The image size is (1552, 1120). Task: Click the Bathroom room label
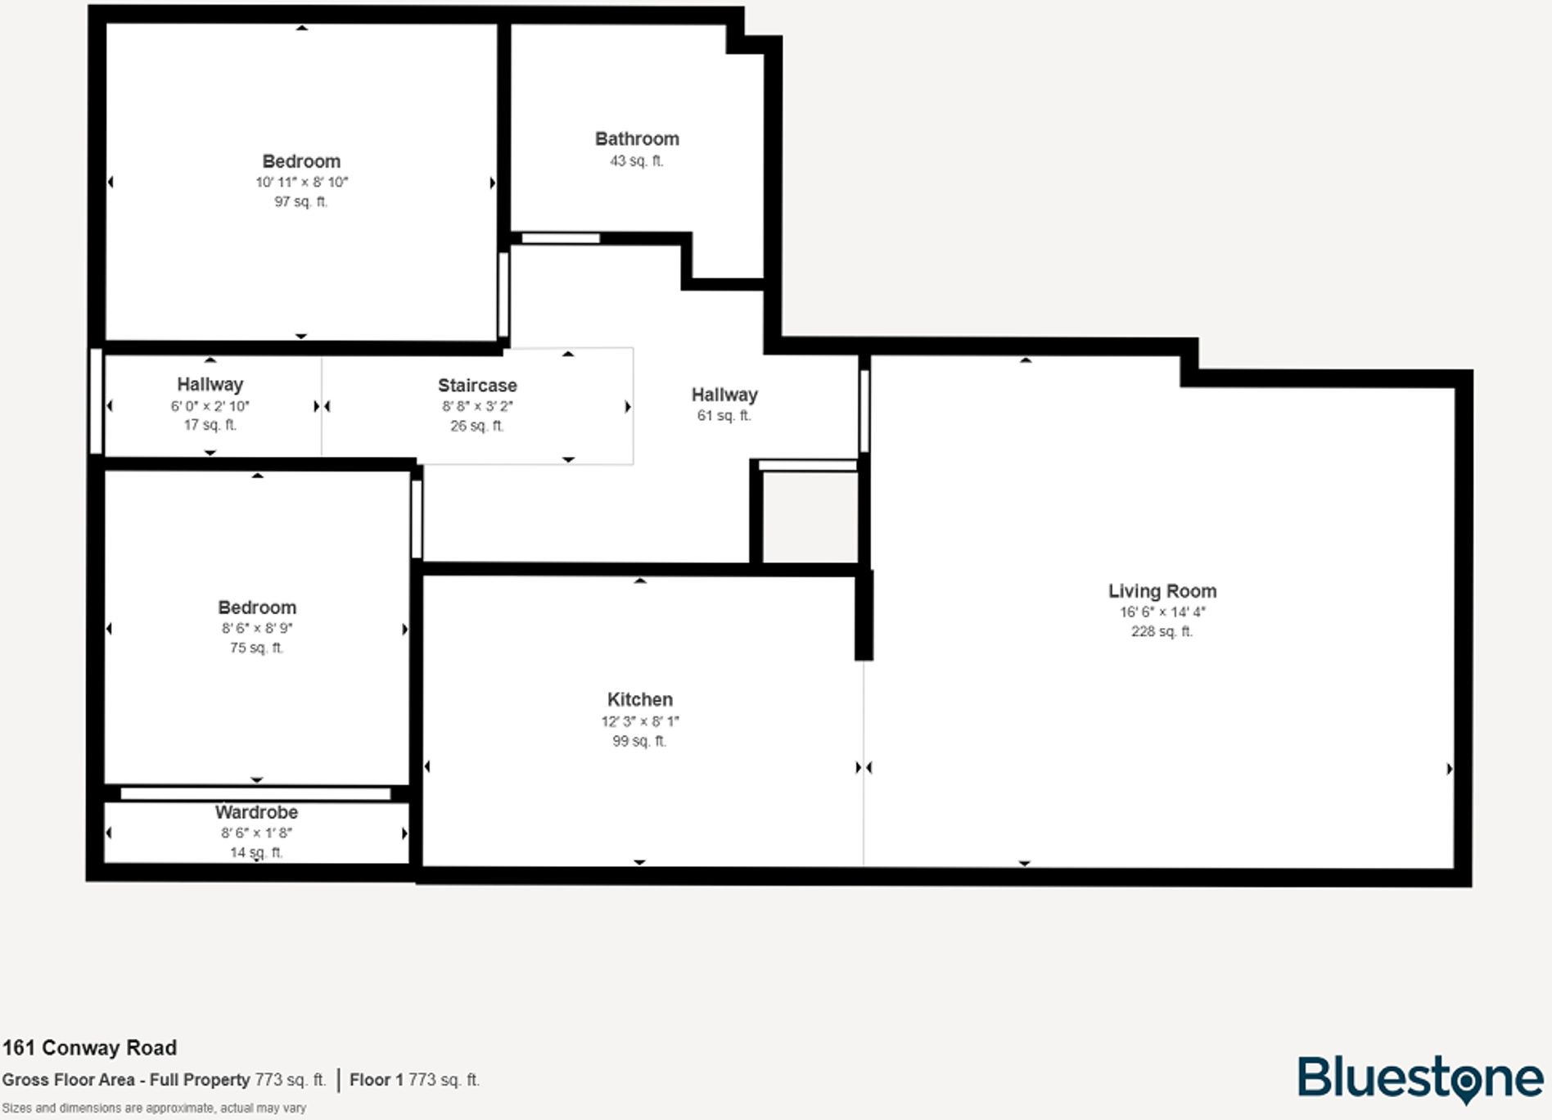click(x=637, y=139)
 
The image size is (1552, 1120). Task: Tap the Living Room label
click(x=1162, y=591)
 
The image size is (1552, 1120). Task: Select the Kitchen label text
click(x=639, y=700)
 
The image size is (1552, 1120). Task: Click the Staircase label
click(x=477, y=386)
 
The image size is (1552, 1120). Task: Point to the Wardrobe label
click(x=256, y=812)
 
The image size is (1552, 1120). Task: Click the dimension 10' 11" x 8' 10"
click(x=301, y=183)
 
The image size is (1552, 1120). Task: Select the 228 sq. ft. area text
click(x=1162, y=631)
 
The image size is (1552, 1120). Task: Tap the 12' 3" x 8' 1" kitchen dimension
click(x=639, y=721)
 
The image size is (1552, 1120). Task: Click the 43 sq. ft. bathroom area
click(x=636, y=161)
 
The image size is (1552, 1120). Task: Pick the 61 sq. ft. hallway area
click(x=724, y=416)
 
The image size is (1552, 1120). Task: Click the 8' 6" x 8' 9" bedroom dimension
click(x=256, y=629)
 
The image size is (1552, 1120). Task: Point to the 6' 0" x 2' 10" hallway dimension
click(x=210, y=406)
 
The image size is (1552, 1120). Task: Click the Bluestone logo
click(x=1419, y=1078)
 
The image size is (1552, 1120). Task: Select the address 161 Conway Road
click(x=89, y=1048)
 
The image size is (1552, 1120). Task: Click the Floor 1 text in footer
click(x=376, y=1080)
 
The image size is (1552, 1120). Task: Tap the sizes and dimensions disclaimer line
click(x=154, y=1108)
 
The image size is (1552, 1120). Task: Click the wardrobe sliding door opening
click(x=255, y=793)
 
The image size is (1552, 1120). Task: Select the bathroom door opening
click(x=561, y=238)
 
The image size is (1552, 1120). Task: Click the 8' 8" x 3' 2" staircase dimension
click(x=477, y=406)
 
